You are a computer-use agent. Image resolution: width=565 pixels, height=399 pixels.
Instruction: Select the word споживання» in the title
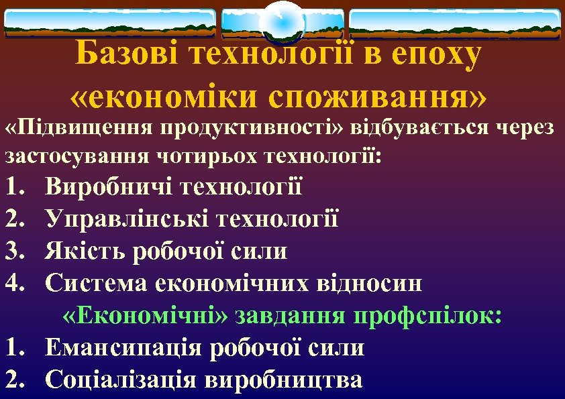(x=377, y=98)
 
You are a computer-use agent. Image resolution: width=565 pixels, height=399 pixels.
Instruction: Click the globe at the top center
(x=282, y=21)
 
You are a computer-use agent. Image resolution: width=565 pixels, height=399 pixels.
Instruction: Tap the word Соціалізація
(x=121, y=380)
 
